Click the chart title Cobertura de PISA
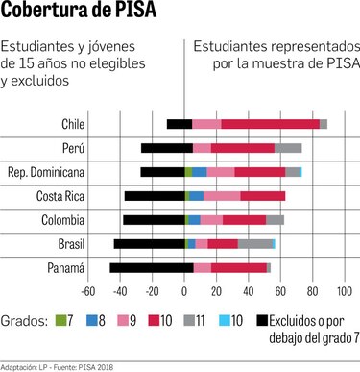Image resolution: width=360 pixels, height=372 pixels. (x=80, y=13)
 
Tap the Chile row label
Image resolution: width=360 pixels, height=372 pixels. (x=73, y=124)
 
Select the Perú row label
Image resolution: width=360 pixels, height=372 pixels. (x=72, y=148)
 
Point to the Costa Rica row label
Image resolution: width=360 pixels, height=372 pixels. (x=60, y=196)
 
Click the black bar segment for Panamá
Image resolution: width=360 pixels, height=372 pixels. (x=151, y=268)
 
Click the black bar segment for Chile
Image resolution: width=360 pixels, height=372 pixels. (x=180, y=124)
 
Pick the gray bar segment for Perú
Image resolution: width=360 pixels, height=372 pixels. (x=288, y=148)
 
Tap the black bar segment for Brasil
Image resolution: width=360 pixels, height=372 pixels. (x=150, y=244)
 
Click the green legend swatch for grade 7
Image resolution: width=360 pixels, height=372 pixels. (x=59, y=320)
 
